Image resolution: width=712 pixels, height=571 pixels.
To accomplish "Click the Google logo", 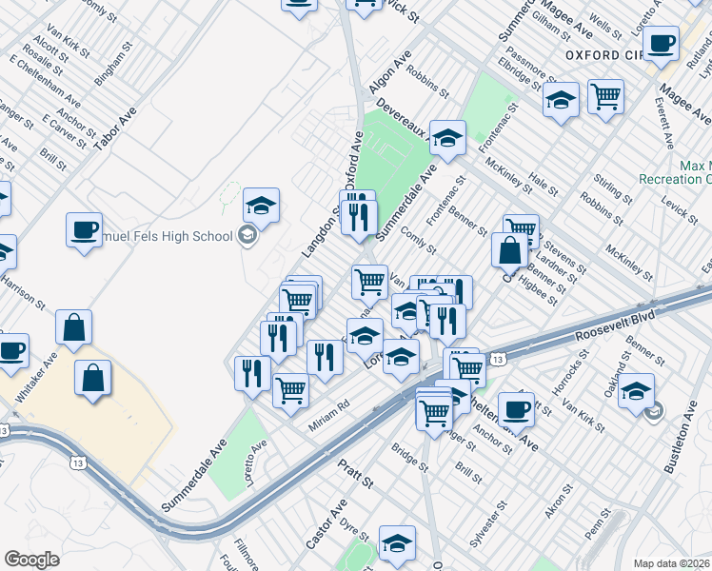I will tap(31, 560).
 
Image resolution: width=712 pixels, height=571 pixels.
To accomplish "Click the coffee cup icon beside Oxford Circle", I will tap(661, 42).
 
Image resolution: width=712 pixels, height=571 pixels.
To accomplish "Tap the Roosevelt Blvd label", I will tap(615, 328).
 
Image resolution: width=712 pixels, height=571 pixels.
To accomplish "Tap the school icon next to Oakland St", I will tap(636, 390).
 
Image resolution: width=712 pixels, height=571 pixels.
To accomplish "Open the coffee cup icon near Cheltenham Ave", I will tap(516, 408).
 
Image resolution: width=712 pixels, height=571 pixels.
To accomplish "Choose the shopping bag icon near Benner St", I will tap(509, 250).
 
